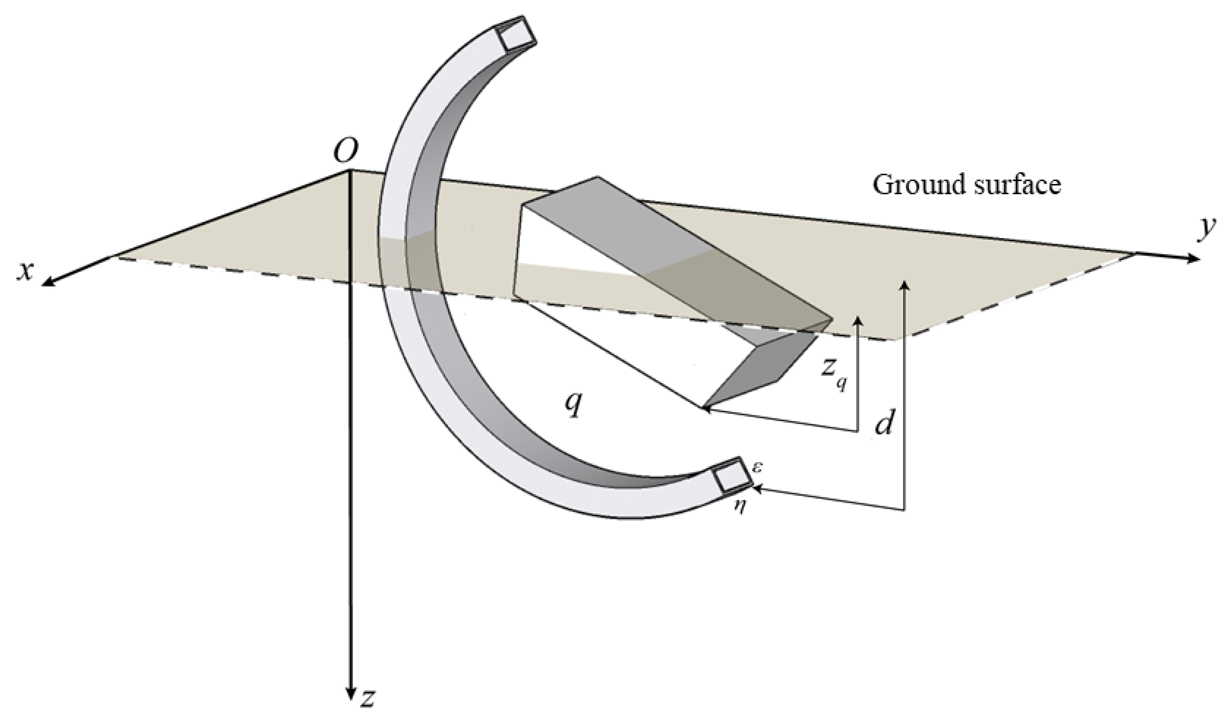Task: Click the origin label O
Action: [345, 151]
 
